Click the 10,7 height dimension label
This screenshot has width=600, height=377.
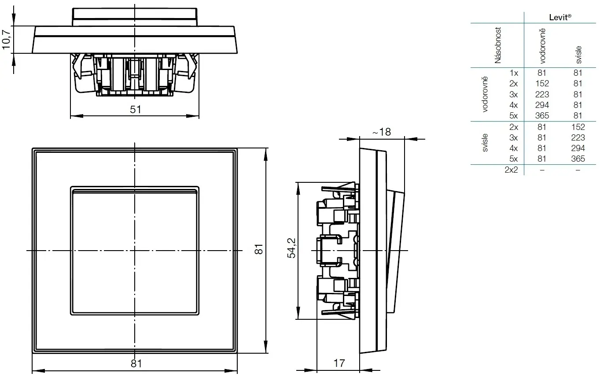pos(7,40)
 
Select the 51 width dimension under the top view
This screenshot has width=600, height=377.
pos(136,109)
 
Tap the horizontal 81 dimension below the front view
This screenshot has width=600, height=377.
pos(136,364)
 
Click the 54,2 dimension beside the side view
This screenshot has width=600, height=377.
pos(291,249)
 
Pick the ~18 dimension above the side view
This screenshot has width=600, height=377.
pos(381,132)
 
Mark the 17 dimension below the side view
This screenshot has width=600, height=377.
pos(339,363)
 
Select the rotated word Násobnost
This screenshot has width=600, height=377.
pos(498,45)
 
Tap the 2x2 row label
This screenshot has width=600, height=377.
pos(511,170)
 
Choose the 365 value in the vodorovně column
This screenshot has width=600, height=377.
pos(542,116)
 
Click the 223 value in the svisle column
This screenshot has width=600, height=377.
pos(578,137)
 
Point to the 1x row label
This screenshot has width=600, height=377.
pos(513,73)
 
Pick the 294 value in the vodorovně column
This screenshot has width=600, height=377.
pos(542,105)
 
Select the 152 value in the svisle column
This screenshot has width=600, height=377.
pos(578,127)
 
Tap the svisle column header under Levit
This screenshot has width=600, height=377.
pos(578,54)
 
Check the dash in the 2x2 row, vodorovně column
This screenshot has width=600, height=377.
pos(542,170)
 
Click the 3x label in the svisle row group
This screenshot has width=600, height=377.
pos(513,137)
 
